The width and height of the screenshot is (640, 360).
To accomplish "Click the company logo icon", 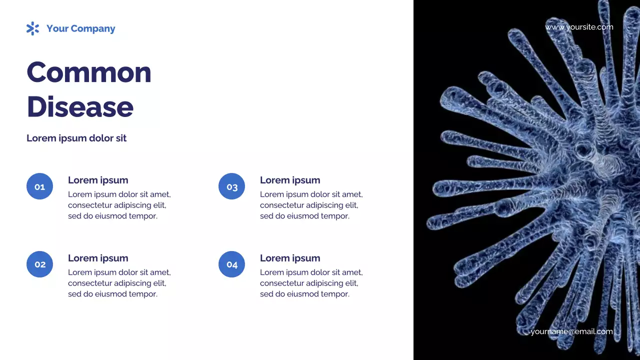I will pyautogui.click(x=32, y=28).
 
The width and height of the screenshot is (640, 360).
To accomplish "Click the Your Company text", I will pyautogui.click(x=80, y=28).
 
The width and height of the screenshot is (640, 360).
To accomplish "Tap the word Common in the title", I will pyautogui.click(x=88, y=72).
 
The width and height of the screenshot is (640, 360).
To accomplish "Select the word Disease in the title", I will pyautogui.click(x=80, y=106).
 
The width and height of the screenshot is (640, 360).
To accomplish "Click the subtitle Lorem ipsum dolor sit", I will pyautogui.click(x=76, y=138).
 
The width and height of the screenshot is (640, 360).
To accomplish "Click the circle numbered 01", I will pyautogui.click(x=39, y=186).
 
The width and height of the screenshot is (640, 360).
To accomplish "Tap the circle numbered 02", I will pyautogui.click(x=39, y=264).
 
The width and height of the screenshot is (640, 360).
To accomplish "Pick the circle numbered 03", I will pyautogui.click(x=231, y=186).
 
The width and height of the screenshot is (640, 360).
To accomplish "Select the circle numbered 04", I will pyautogui.click(x=231, y=264).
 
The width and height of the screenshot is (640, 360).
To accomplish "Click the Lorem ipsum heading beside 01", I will pyautogui.click(x=98, y=180).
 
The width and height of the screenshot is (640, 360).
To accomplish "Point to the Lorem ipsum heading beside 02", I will pyautogui.click(x=98, y=258).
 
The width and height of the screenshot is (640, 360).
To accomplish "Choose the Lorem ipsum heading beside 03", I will pyautogui.click(x=290, y=180).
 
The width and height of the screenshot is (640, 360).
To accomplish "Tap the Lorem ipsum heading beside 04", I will pyautogui.click(x=290, y=258).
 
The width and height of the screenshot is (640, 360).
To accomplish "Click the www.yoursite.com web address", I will pyautogui.click(x=579, y=27).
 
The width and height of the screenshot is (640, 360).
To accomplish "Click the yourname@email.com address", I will pyautogui.click(x=571, y=331).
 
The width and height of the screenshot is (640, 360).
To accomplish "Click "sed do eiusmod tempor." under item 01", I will pyautogui.click(x=112, y=216).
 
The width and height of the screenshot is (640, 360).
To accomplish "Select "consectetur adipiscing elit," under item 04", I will pyautogui.click(x=309, y=283).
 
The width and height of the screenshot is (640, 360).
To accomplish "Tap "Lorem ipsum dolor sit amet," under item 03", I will pyautogui.click(x=311, y=194).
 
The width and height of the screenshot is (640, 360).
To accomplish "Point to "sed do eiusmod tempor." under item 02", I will pyautogui.click(x=112, y=294).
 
